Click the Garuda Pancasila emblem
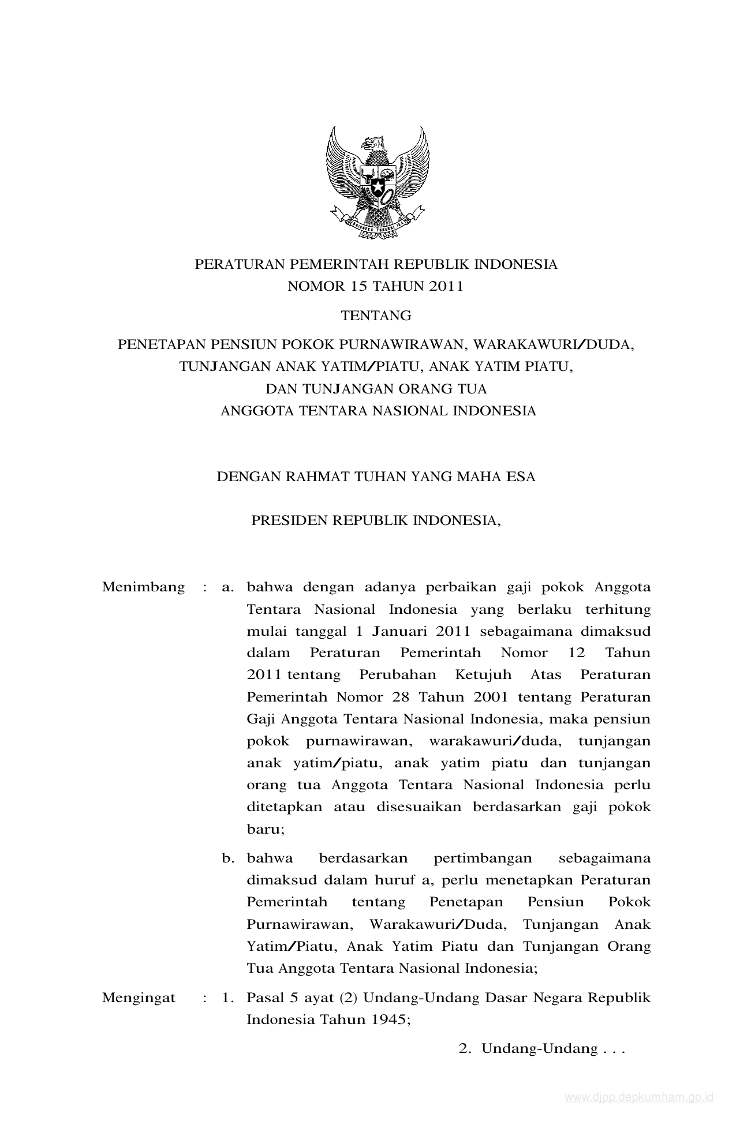[377, 182]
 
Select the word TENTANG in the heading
[376, 316]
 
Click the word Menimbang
[143, 587]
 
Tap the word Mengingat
[139, 997]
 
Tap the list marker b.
[228, 858]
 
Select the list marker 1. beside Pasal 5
[227, 997]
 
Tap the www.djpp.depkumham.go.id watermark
[639, 1097]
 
